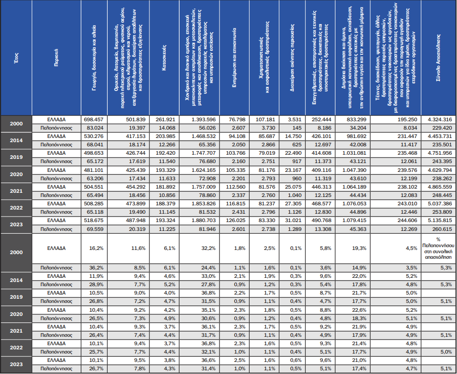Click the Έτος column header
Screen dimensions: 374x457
click(x=16, y=58)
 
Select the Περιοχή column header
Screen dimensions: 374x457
click(x=56, y=58)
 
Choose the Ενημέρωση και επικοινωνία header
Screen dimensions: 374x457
click(x=236, y=58)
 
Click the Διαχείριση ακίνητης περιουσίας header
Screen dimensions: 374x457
click(x=293, y=58)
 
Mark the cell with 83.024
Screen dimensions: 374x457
click(x=95, y=127)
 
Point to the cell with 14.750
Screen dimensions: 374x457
click(x=293, y=136)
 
